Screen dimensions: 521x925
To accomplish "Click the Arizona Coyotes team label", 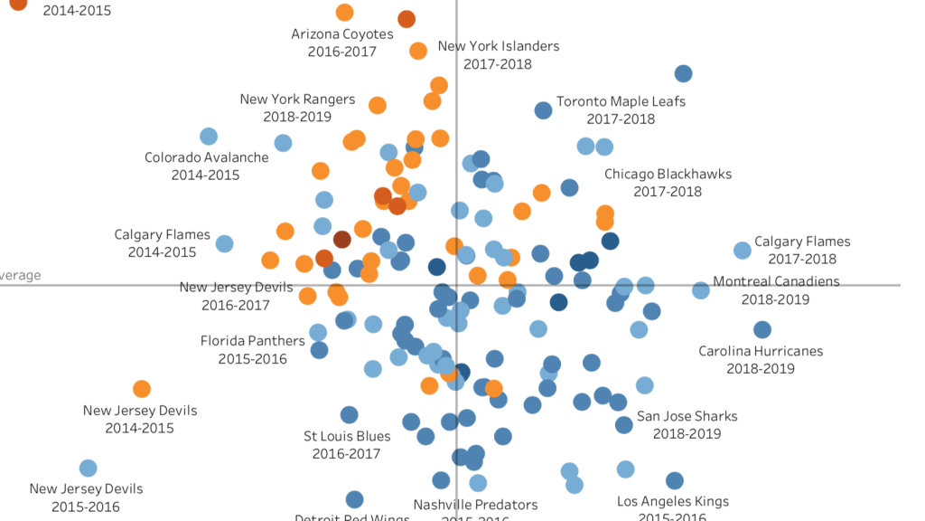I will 342,43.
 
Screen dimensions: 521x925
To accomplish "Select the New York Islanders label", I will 498,54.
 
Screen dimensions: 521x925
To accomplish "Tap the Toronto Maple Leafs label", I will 621,109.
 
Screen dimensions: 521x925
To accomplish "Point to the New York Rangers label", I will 297,108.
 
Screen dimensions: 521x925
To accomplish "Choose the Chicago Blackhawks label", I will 668,182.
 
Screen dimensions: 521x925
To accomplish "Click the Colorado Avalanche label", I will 206,166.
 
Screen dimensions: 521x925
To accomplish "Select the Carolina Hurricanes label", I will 761,359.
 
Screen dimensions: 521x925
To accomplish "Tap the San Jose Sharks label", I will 687,424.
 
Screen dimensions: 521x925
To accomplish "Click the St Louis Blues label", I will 348,444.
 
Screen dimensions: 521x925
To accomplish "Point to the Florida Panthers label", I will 252,349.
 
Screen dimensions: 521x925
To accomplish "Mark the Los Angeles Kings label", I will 672,508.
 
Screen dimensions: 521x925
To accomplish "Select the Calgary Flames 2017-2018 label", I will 802,250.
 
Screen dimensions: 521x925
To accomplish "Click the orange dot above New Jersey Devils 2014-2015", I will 142,389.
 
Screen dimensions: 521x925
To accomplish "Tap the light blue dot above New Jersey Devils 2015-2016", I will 88,468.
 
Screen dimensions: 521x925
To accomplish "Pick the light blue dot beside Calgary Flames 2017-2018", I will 742,251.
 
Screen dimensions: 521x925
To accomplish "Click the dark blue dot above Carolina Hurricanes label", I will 761,330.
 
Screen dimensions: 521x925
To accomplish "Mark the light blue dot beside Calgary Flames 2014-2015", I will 224,243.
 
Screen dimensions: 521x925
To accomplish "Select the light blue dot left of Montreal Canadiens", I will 700,290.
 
